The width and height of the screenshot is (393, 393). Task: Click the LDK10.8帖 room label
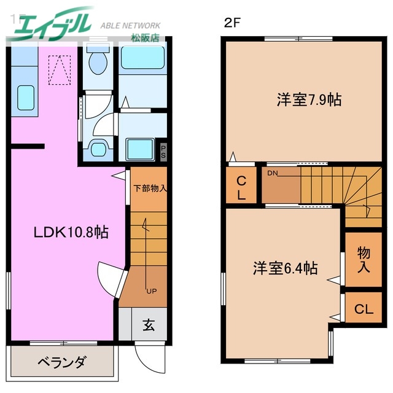pyautogui.click(x=71, y=233)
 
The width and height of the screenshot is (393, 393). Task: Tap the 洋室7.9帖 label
pyautogui.click(x=309, y=99)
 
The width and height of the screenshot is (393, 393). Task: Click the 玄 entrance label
pyautogui.click(x=149, y=325)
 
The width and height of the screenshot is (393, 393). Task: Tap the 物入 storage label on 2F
pyautogui.click(x=364, y=260)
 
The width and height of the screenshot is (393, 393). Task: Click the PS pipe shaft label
pyautogui.click(x=163, y=152)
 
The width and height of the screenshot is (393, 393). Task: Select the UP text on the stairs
pyautogui.click(x=150, y=290)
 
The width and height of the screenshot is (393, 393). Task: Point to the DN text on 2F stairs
pyautogui.click(x=273, y=174)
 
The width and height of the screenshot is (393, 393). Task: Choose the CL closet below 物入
pyautogui.click(x=364, y=309)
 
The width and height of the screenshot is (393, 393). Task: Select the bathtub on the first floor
pyautogui.click(x=141, y=59)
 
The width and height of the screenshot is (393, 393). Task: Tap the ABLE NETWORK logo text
pyautogui.click(x=130, y=26)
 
